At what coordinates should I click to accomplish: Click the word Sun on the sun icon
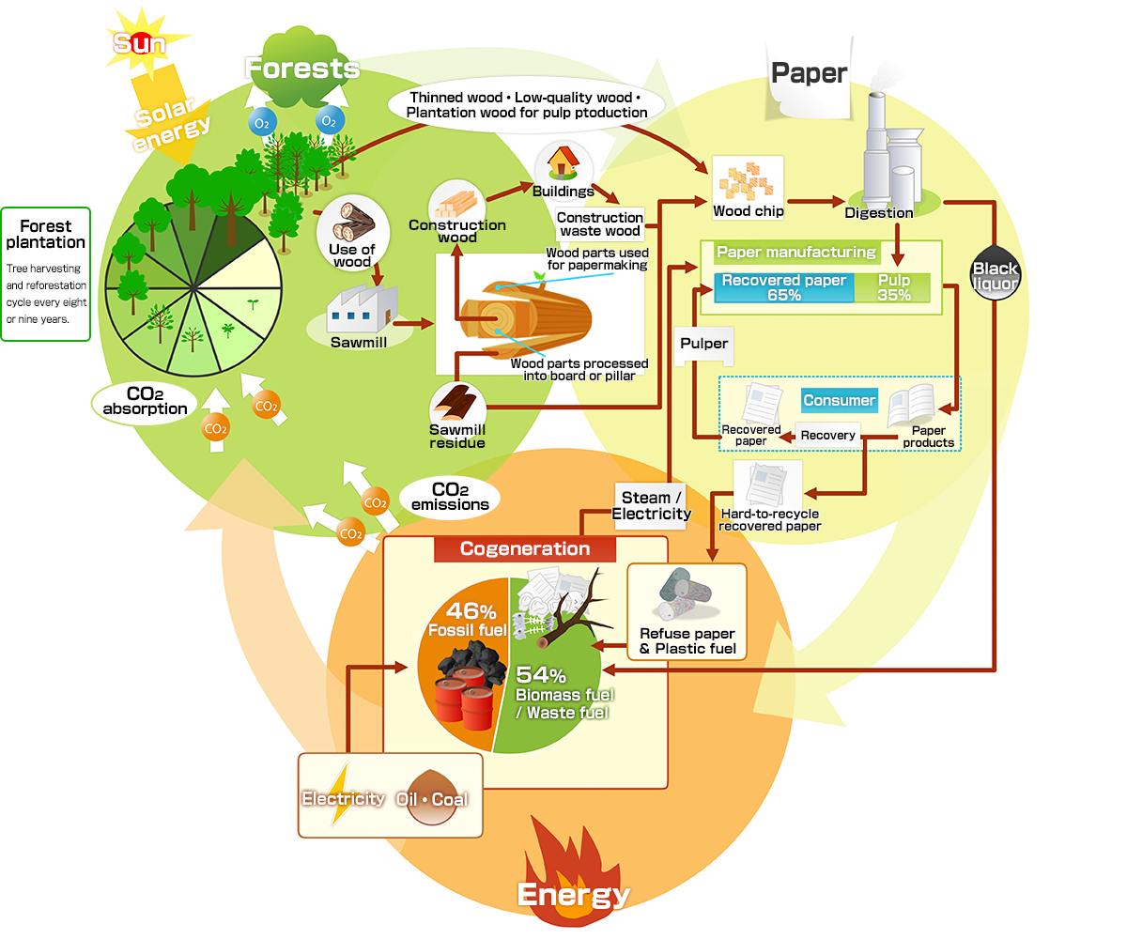pyautogui.click(x=139, y=43)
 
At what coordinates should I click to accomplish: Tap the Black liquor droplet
pyautogui.click(x=995, y=272)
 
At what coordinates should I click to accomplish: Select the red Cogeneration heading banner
pyautogui.click(x=524, y=548)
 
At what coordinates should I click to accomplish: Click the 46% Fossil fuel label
pyautogui.click(x=469, y=620)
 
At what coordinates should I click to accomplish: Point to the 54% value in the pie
pyautogui.click(x=541, y=674)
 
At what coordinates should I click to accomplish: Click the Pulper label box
pyautogui.click(x=703, y=344)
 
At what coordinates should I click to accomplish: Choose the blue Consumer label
pyautogui.click(x=839, y=400)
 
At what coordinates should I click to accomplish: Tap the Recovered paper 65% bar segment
pyautogui.click(x=783, y=287)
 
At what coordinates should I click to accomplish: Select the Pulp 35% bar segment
pyautogui.click(x=893, y=287)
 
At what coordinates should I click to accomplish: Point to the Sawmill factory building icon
pyautogui.click(x=362, y=309)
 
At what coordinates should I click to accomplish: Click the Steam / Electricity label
pyautogui.click(x=651, y=506)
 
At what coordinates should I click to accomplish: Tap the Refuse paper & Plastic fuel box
pyautogui.click(x=687, y=611)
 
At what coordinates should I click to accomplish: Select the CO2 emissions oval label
pyautogui.click(x=450, y=497)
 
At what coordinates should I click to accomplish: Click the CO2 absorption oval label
pyautogui.click(x=145, y=402)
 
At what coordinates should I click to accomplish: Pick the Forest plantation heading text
pyautogui.click(x=45, y=234)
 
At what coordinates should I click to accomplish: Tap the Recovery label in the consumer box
pyautogui.click(x=827, y=435)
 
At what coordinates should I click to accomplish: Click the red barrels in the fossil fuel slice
pyautogui.click(x=465, y=698)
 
